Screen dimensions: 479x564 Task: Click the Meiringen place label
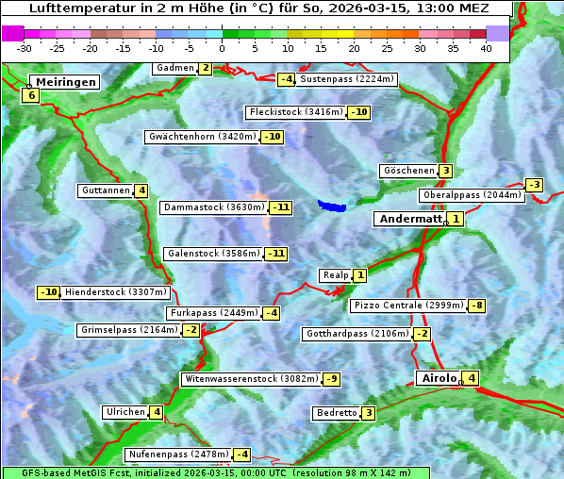(x=64, y=82)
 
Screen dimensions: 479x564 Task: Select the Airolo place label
(x=439, y=378)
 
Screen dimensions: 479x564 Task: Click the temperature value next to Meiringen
(x=31, y=95)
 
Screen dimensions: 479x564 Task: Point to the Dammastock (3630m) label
(x=213, y=207)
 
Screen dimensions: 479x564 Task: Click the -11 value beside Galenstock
(x=275, y=254)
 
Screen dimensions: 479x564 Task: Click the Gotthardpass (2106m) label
(x=357, y=334)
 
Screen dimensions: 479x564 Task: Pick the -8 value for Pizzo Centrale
(x=477, y=306)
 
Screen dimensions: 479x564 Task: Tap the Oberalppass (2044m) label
(x=472, y=195)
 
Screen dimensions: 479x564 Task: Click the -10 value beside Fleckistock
(x=358, y=112)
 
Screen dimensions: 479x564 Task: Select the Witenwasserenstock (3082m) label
(x=250, y=379)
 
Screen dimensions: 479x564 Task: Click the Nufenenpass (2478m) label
(x=177, y=454)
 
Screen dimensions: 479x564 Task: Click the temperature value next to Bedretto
(x=369, y=413)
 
